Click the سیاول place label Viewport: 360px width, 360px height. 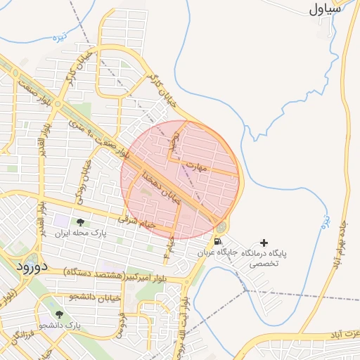(325, 10)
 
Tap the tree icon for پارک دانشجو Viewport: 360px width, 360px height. (60, 315)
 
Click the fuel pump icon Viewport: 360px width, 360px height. (217, 242)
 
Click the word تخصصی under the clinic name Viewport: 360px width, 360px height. (264, 264)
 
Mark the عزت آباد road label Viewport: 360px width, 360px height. (345, 333)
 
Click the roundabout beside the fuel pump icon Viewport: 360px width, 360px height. (221, 227)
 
